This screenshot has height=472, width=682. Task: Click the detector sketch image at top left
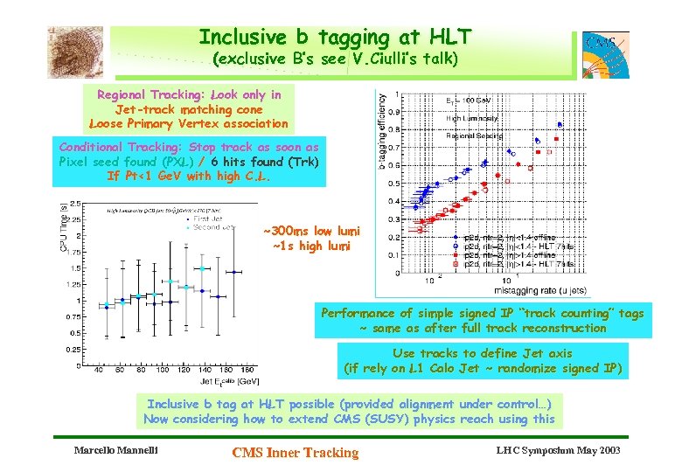(75, 52)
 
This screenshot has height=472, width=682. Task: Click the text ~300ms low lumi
(310, 232)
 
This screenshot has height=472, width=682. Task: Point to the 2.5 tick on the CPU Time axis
(75, 204)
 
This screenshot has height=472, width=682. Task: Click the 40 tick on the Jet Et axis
(96, 370)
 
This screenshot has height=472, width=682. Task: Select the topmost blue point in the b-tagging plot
(560, 124)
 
